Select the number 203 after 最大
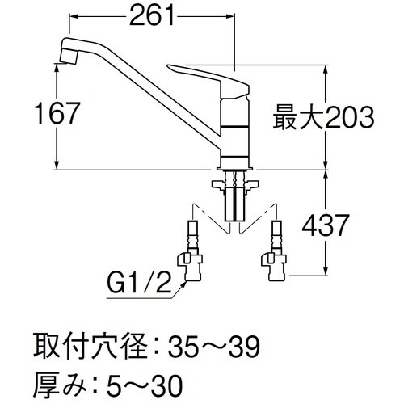point(347,120)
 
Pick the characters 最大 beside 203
point(298,120)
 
